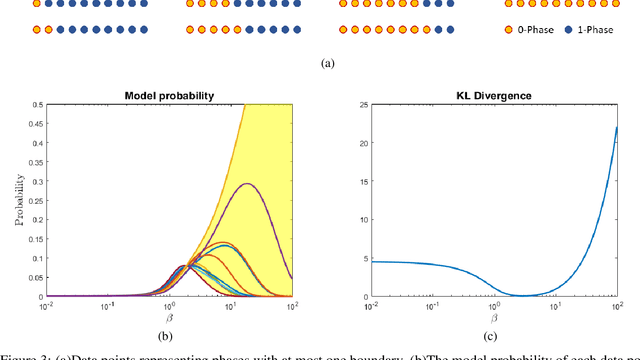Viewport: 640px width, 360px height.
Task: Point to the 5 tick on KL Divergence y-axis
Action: click(x=353, y=258)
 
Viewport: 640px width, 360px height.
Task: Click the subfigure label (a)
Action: click(x=326, y=63)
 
